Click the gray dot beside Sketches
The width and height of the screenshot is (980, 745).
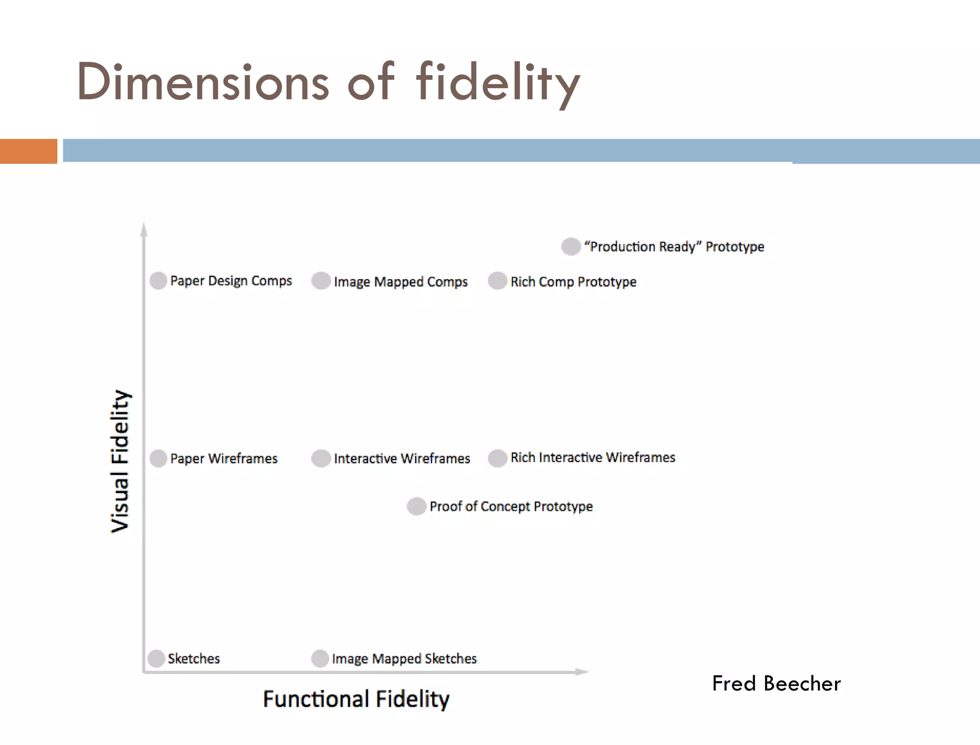tap(156, 658)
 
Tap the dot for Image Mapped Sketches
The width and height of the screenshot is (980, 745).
tap(320, 658)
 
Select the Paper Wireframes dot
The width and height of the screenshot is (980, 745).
tap(158, 458)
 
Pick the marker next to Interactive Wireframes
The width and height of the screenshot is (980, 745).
tap(321, 458)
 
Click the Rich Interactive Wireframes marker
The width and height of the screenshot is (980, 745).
tap(498, 458)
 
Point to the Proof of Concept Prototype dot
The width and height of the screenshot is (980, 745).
tap(416, 506)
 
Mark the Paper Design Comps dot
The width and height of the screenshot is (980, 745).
tap(158, 281)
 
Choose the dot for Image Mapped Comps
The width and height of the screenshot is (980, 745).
tap(321, 281)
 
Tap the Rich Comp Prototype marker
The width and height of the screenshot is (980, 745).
tap(498, 281)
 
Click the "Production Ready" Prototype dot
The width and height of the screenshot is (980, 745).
tap(571, 247)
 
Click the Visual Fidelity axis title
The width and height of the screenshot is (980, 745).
tap(120, 461)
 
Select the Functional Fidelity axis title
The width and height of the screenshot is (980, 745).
tap(356, 699)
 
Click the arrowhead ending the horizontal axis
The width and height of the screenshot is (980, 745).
tap(582, 672)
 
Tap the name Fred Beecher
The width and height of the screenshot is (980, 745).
tap(776, 683)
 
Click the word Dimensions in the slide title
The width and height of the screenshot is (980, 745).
tap(203, 82)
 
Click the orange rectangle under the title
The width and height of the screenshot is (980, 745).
tap(28, 151)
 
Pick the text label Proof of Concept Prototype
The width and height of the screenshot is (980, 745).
tap(511, 506)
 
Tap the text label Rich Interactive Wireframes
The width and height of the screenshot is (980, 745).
tap(593, 458)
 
